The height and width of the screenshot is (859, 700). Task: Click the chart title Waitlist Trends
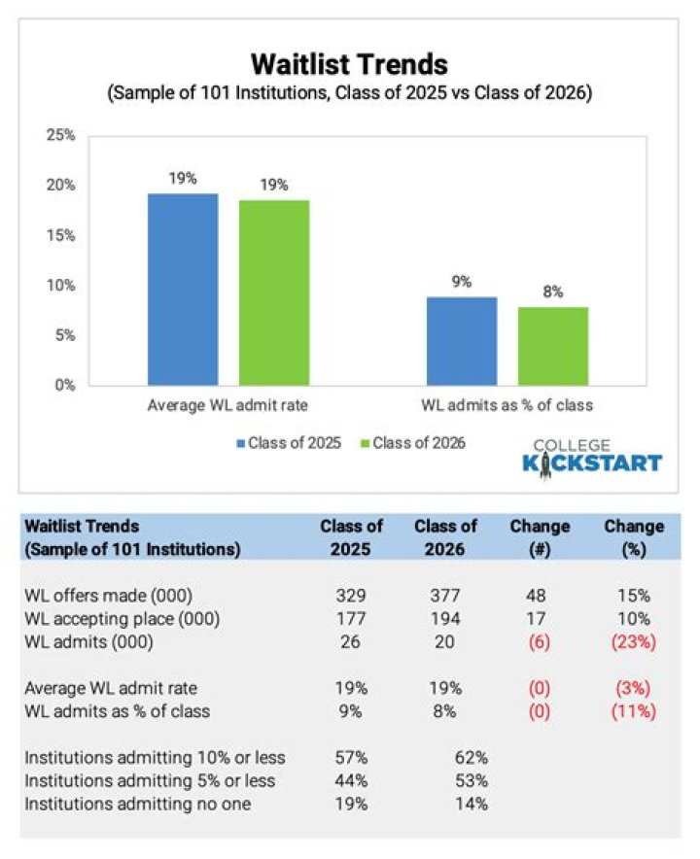349,65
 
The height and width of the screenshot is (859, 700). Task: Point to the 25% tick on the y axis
61,135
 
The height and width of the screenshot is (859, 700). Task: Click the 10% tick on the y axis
61,286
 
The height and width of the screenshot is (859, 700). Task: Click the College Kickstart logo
592,454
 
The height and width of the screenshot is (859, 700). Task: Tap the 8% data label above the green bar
553,292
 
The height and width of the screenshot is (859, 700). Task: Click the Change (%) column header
634,536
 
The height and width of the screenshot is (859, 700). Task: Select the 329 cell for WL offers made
352,596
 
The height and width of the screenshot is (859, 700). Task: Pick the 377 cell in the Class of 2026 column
445,596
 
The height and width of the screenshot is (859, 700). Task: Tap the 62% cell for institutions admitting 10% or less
471,758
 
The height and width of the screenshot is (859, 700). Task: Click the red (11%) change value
634,711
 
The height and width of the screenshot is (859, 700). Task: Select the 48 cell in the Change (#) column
540,596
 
